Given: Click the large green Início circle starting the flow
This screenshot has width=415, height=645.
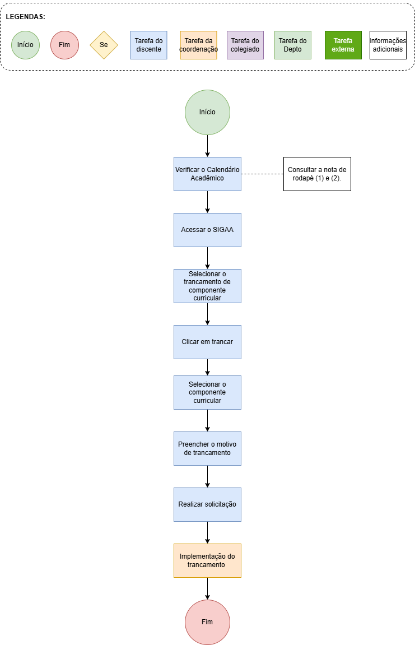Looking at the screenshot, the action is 207,112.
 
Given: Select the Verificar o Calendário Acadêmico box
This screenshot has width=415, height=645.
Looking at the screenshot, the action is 207,174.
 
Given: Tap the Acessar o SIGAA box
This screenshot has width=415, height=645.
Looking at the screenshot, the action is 207,230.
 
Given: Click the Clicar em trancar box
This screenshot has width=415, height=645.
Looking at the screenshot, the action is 207,342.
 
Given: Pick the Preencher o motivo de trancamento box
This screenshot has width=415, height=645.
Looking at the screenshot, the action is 207,449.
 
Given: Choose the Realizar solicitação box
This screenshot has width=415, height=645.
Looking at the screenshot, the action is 207,505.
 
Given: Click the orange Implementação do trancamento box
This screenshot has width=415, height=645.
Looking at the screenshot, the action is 207,561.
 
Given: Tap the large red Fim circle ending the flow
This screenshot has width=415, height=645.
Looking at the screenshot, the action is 207,623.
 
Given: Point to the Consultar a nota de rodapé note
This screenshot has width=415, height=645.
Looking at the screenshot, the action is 317,174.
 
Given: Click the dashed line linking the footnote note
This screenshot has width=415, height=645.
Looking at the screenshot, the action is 263,174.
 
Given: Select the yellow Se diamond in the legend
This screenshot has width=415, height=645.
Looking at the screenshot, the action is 104,45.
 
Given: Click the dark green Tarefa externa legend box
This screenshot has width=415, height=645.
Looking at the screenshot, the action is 343,45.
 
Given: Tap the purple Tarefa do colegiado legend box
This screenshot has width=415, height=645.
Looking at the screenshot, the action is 245,45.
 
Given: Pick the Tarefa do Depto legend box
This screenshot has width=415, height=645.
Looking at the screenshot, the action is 293,45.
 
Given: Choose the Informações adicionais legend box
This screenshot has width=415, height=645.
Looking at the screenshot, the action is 388,45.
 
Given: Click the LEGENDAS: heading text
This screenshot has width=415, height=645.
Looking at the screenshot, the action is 26,17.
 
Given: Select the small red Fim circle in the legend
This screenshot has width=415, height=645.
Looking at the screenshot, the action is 64,45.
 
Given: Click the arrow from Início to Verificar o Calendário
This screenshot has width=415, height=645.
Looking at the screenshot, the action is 207,146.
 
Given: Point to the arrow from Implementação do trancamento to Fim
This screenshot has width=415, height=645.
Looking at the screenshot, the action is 207,588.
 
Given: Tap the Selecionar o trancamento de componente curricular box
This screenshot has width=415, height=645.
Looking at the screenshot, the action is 207,286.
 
